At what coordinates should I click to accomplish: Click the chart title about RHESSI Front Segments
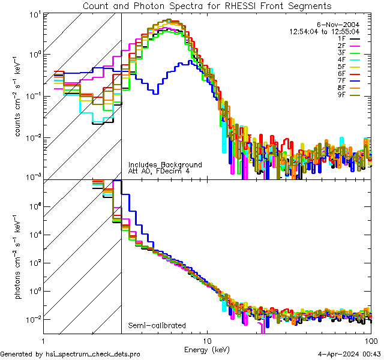[x=207, y=5]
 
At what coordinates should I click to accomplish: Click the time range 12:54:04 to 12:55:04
[x=324, y=31]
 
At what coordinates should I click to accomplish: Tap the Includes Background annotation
[x=165, y=164]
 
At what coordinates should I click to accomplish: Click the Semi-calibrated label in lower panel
[x=157, y=326]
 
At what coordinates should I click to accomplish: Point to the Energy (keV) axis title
[x=207, y=349]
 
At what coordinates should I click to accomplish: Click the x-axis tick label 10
[x=207, y=340]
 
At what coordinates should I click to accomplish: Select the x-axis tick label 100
[x=370, y=340]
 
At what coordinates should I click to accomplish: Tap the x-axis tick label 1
[x=43, y=340]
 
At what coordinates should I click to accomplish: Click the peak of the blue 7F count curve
[x=190, y=61]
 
